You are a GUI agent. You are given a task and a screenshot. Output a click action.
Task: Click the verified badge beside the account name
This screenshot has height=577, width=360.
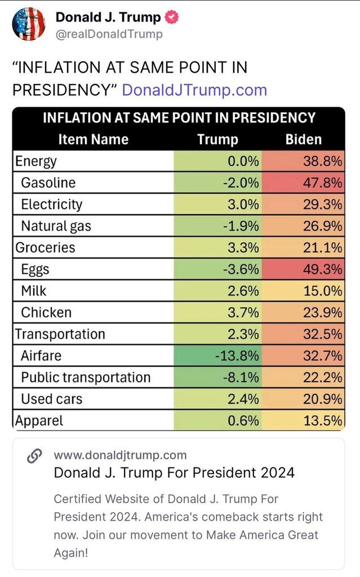coord(171,17)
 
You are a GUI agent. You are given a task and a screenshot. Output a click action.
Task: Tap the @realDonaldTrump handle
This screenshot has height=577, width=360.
coord(109,34)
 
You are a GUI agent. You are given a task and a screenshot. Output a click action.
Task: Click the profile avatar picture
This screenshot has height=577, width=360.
coord(28,24)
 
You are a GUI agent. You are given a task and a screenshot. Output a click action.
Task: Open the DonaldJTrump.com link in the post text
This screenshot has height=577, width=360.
coord(194,90)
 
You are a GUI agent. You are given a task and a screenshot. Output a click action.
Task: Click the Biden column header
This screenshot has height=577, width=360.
coord(304,139)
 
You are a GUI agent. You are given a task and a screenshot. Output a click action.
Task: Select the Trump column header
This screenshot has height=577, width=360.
coord(217,139)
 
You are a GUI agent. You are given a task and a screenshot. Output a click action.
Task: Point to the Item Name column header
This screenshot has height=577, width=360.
coord(94,139)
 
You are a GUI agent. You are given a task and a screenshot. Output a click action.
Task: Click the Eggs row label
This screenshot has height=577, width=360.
coord(35,269)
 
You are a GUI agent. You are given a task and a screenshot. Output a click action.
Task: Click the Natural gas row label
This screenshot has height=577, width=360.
coord(56,226)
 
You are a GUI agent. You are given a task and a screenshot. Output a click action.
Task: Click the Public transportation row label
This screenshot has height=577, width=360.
coord(86,378)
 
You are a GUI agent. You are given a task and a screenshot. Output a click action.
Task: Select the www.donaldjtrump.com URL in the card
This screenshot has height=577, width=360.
coord(120,455)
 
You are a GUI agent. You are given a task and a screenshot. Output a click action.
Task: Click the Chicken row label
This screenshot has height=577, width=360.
coord(46,312)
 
